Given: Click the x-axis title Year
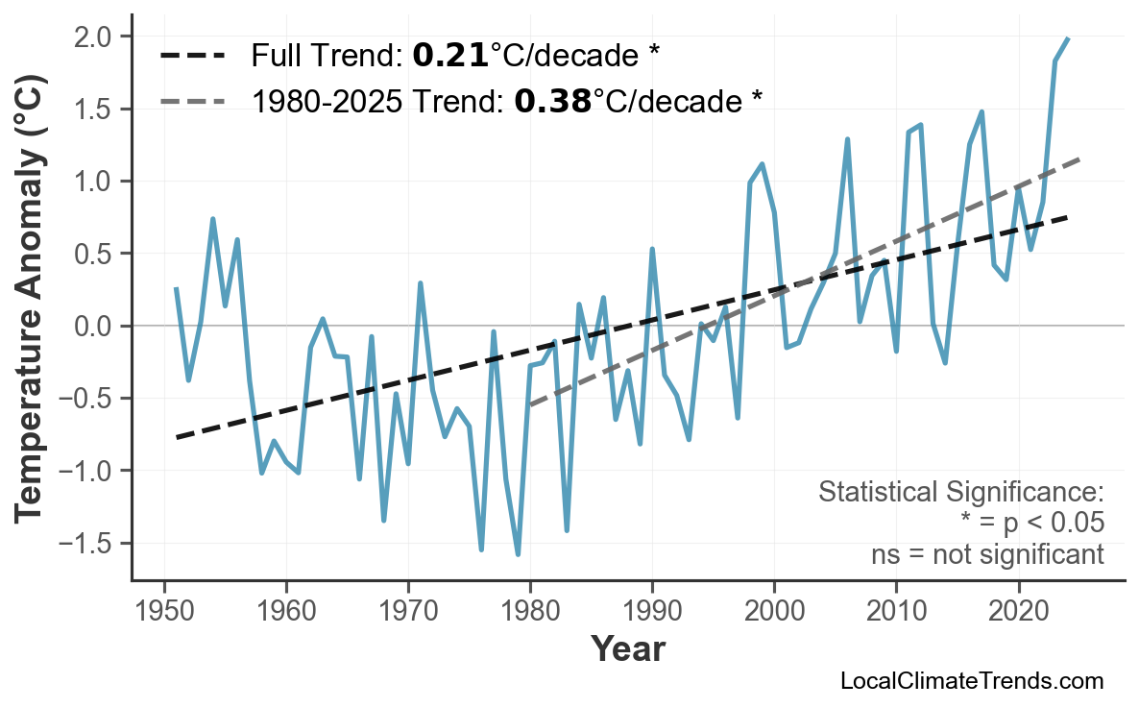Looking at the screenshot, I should coord(627,649).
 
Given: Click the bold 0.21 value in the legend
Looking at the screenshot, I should coord(450,56).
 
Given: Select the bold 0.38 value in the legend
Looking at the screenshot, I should coord(552,100).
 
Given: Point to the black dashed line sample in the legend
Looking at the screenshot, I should coord(192,56).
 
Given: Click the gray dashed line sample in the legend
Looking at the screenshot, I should coord(192,100).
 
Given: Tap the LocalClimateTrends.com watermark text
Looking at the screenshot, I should coord(971,681).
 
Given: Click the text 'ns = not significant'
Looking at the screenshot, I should coord(987,554).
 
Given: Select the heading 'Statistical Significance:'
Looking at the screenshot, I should coord(960,493).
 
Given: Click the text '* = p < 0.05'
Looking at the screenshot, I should coord(1031,524).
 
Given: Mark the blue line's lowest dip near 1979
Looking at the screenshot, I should coord(518,554).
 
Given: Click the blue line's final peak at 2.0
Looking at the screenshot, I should coord(1068,38).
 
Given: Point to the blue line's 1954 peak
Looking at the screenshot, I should coord(212,219).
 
